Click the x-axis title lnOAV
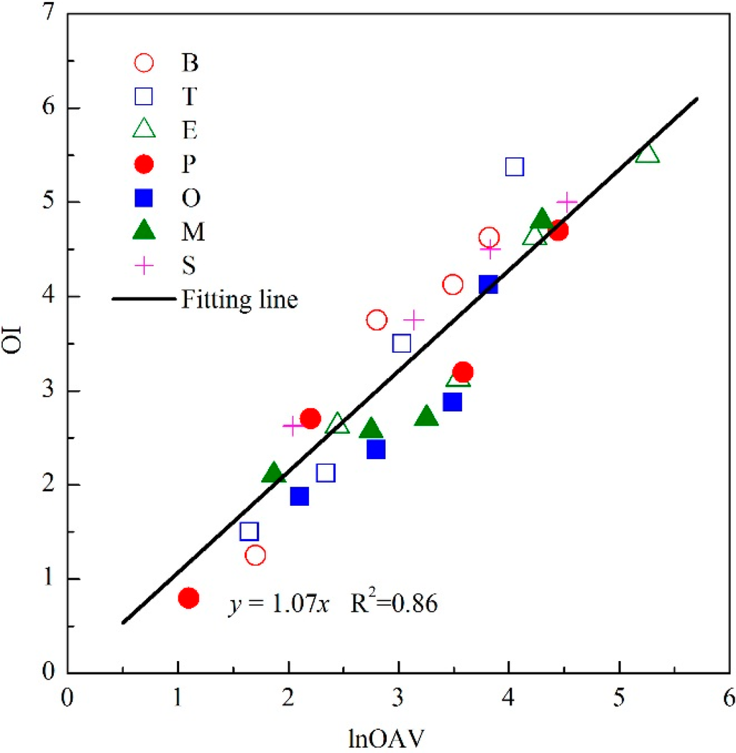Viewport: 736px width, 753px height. [397, 734]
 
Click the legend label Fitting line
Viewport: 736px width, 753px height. [239, 299]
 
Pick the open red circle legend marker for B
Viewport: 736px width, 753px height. [144, 63]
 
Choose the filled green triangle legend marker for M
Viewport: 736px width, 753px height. [144, 231]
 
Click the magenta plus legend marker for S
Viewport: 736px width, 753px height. [144, 265]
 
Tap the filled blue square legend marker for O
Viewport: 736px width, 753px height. [144, 198]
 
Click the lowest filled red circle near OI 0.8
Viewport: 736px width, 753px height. [188, 598]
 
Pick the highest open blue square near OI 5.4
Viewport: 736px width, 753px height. [515, 167]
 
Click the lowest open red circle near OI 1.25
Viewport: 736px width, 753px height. [255, 555]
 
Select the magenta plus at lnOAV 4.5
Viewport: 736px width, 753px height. [567, 202]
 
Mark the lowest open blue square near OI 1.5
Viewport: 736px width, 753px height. [249, 532]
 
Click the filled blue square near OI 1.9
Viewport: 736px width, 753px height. [299, 496]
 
